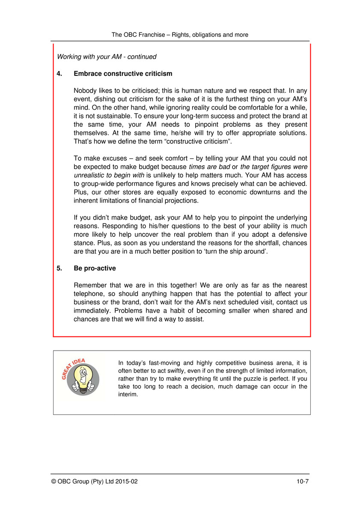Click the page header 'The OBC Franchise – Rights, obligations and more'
180,35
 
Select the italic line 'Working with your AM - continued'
107,57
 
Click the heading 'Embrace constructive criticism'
123,74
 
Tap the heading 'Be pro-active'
95,268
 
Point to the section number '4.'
60,74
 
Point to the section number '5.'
60,268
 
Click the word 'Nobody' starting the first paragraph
85,91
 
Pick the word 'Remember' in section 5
89,285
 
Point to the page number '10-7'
303,481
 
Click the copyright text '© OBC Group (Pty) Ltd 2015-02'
94,481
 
